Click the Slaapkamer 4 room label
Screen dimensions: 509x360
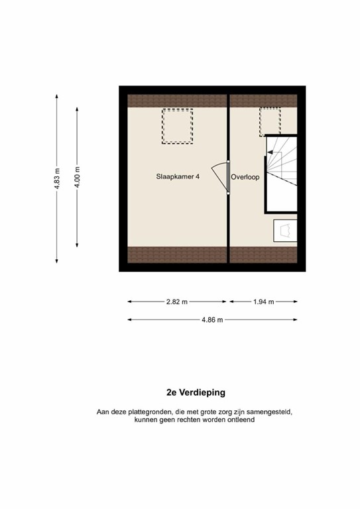[177, 177]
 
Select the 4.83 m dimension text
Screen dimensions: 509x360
[56, 177]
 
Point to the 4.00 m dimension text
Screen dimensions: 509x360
[78, 177]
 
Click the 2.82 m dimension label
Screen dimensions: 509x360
[177, 302]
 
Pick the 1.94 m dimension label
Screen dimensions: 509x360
[263, 302]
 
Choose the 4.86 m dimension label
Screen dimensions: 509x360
[212, 319]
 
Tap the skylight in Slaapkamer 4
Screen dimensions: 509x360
[177, 126]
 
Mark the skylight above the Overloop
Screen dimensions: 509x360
[270, 121]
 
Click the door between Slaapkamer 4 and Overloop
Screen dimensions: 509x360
[222, 177]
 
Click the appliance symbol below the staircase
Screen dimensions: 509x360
[286, 231]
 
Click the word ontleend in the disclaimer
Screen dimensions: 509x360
[239, 420]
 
